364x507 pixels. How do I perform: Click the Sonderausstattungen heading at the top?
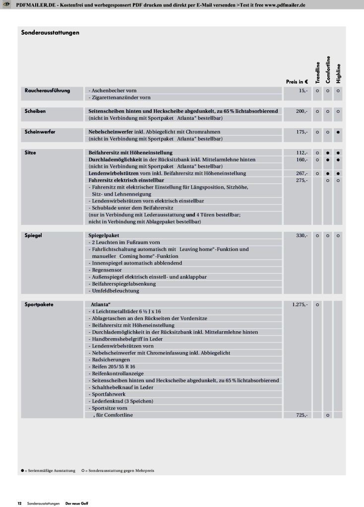pos(51,33)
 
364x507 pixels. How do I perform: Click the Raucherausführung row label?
pos(47,91)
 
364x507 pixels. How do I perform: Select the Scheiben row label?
pos(35,111)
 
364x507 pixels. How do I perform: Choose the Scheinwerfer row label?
pos(40,132)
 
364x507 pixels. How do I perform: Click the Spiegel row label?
pos(33,236)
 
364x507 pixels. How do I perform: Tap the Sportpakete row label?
pos(39,304)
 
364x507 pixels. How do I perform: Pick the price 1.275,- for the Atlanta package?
pos(300,304)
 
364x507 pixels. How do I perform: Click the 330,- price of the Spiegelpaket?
pos(302,236)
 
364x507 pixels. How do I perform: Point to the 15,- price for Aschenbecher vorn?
pos(303,91)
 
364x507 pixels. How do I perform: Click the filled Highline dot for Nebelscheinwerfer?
pos(338,132)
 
